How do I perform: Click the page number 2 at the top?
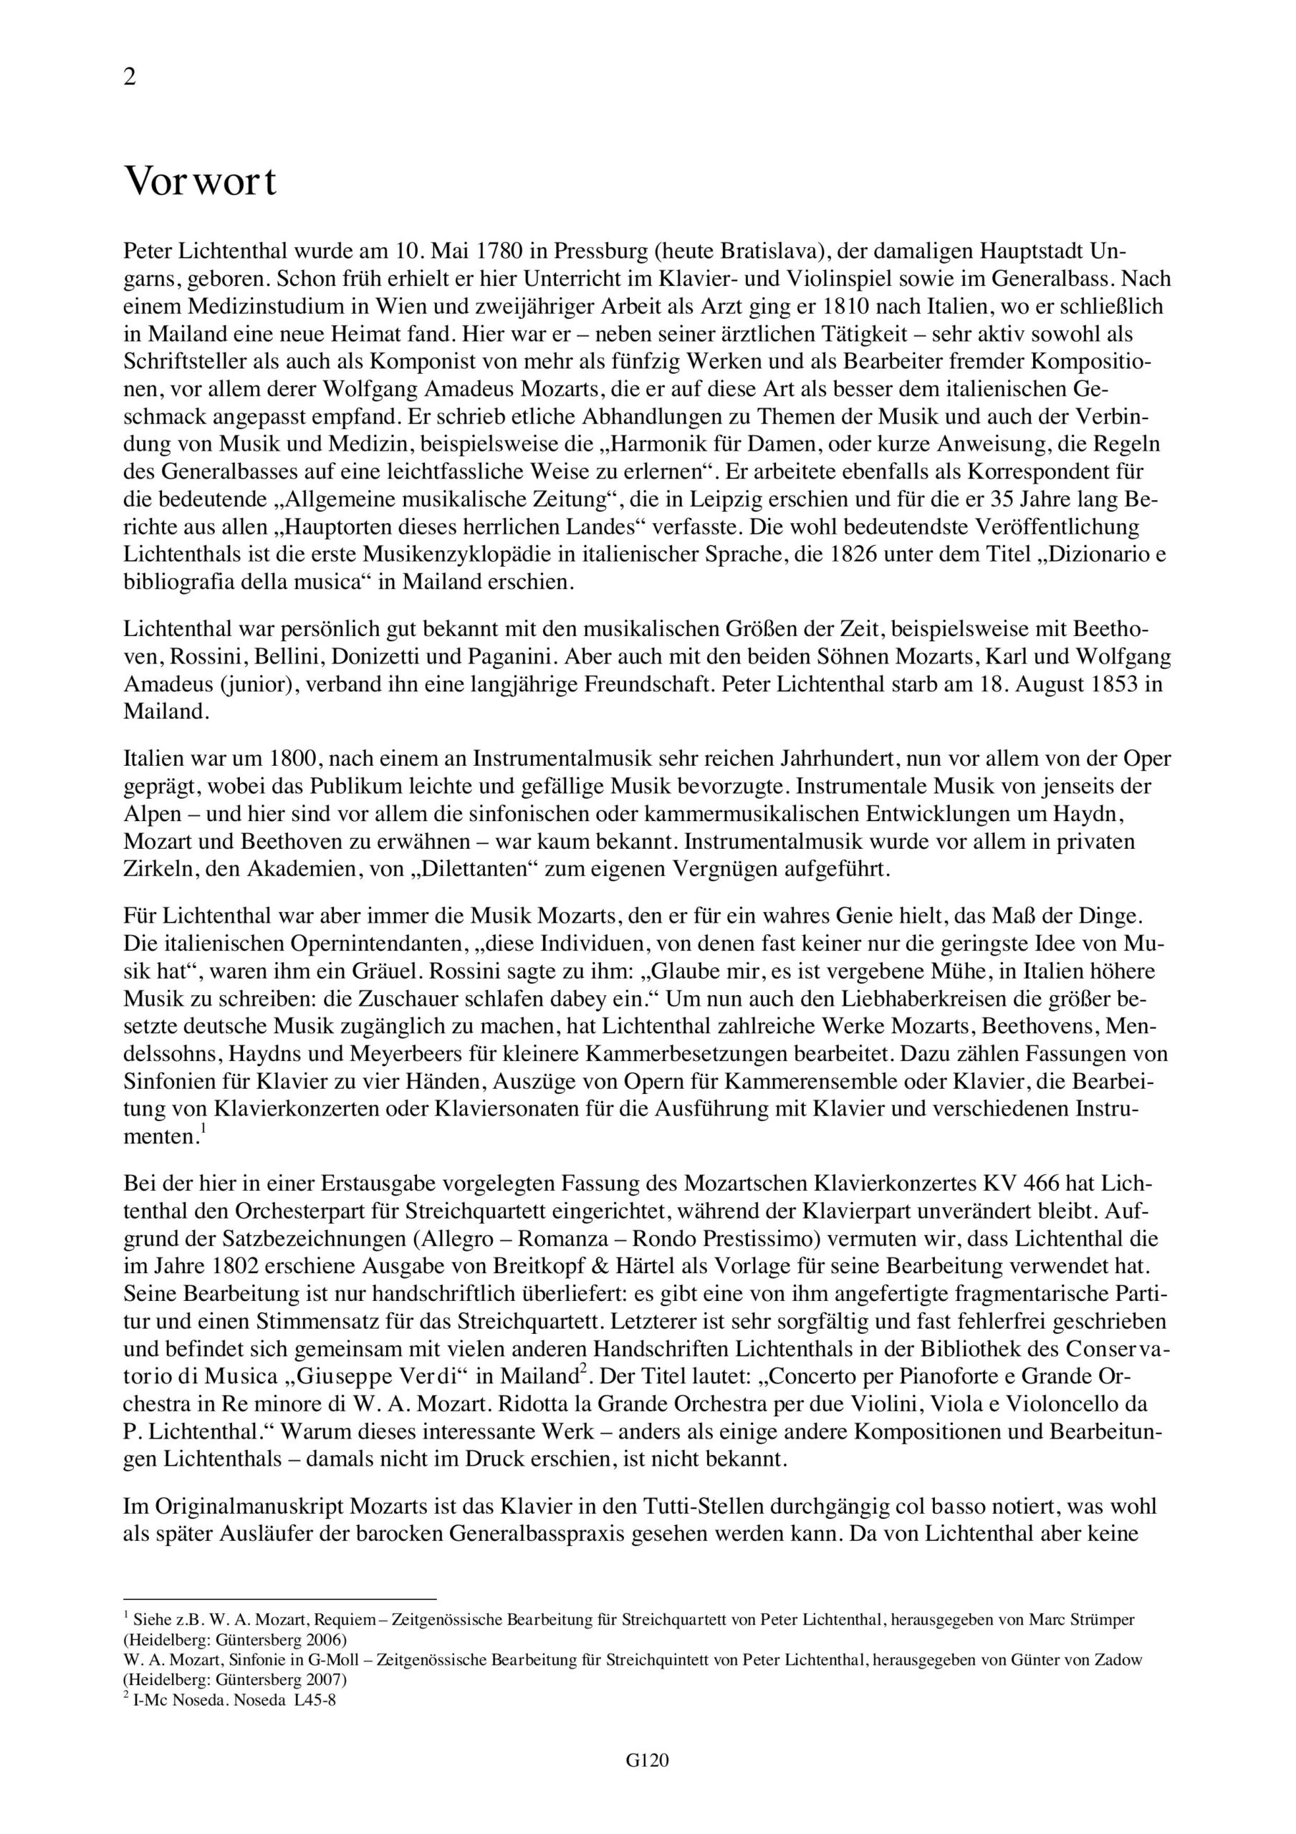[130, 77]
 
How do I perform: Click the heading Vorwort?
[201, 182]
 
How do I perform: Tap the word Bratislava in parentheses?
[772, 251]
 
